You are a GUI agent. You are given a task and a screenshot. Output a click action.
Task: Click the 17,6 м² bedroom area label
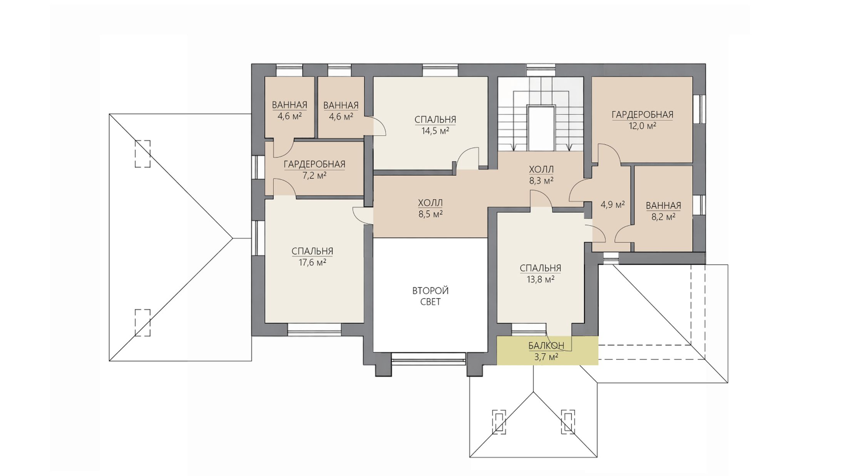pyautogui.click(x=312, y=263)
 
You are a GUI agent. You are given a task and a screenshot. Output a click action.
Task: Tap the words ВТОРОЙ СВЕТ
pyautogui.click(x=430, y=296)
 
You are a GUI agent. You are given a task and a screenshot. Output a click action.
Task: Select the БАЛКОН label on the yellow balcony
pyautogui.click(x=546, y=346)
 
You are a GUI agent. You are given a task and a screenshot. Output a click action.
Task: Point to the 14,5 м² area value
pyautogui.click(x=435, y=131)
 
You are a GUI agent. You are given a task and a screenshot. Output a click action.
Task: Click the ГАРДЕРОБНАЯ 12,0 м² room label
pyautogui.click(x=643, y=120)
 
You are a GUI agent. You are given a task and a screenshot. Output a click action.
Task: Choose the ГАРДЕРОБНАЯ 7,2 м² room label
pyautogui.click(x=315, y=170)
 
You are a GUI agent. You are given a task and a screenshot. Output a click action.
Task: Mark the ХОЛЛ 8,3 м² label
pyautogui.click(x=541, y=175)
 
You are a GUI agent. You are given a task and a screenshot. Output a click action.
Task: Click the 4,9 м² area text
pyautogui.click(x=613, y=205)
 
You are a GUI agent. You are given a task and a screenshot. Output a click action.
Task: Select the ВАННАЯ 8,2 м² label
pyautogui.click(x=663, y=211)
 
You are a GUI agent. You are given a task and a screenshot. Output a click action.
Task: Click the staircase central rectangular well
pyautogui.click(x=541, y=128)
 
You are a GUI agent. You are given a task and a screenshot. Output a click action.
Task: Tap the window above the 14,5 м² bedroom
pyautogui.click(x=440, y=70)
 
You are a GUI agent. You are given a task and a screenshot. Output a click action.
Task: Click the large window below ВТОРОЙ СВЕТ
pyautogui.click(x=429, y=358)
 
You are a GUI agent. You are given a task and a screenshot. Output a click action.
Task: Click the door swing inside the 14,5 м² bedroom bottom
pyautogui.click(x=467, y=158)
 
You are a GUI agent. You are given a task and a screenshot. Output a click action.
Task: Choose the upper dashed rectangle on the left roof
pyautogui.click(x=142, y=154)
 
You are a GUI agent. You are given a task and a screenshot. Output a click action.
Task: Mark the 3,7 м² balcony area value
pyautogui.click(x=546, y=357)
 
